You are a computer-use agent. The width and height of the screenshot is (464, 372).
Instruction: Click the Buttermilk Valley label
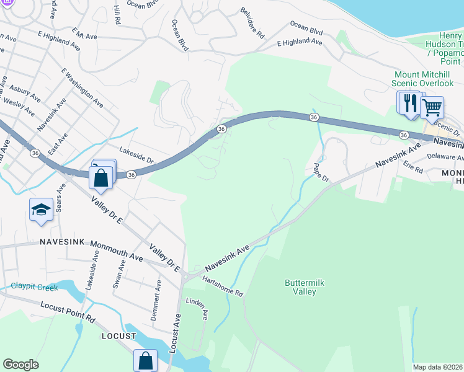(x=305, y=287)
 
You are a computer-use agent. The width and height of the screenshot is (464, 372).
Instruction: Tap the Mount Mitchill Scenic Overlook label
(x=424, y=79)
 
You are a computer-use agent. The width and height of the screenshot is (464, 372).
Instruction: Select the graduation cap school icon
(x=41, y=211)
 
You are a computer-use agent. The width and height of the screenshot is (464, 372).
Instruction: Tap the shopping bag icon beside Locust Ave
(x=146, y=361)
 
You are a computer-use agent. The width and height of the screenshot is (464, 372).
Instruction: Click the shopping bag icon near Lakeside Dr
(x=101, y=177)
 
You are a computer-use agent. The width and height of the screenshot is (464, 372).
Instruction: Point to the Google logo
(x=20, y=365)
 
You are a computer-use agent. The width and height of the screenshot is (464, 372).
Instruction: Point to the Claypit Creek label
(x=34, y=287)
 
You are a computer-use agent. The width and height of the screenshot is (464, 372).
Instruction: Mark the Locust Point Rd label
(x=68, y=312)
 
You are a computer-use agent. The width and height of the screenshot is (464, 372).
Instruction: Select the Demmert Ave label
(x=156, y=300)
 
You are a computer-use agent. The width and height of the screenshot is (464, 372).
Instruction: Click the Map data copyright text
(x=437, y=367)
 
